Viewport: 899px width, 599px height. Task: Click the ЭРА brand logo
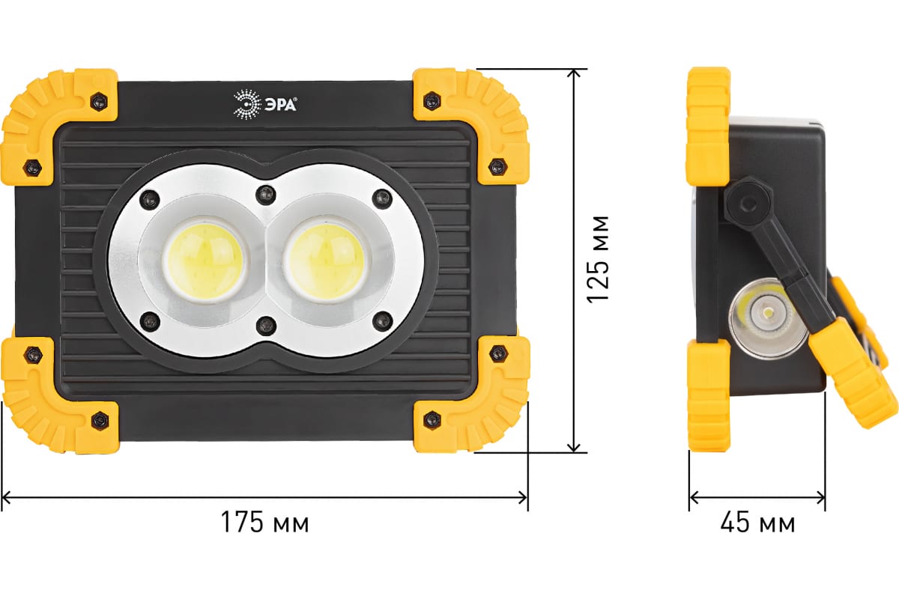(x=265, y=105)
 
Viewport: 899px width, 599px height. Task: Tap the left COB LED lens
(x=205, y=261)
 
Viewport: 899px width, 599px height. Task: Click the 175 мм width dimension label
(x=265, y=522)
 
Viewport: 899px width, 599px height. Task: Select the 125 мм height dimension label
(x=598, y=259)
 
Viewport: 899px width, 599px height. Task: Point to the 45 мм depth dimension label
(x=757, y=523)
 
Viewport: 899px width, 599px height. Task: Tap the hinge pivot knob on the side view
(x=745, y=203)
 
